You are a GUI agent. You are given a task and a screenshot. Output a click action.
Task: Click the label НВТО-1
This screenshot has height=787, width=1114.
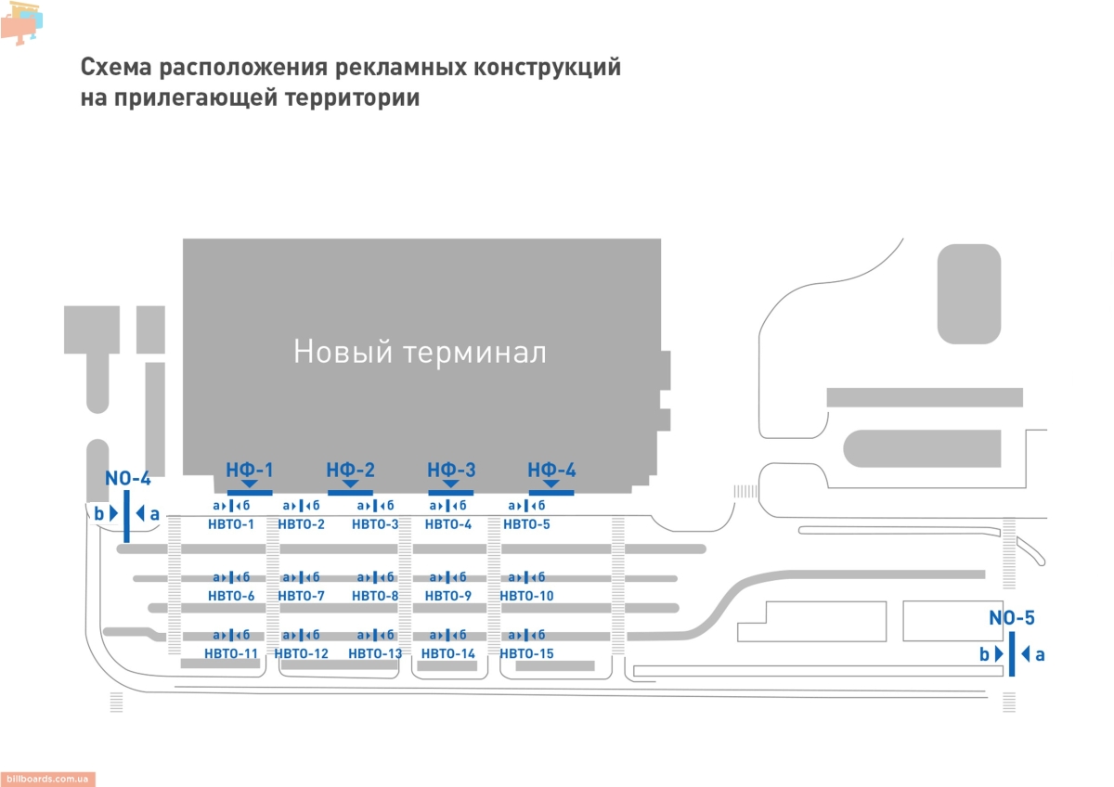[231, 525]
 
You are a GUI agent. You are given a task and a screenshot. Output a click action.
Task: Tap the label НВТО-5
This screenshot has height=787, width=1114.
[526, 525]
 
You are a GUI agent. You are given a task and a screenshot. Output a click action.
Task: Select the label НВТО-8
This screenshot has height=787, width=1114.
[375, 596]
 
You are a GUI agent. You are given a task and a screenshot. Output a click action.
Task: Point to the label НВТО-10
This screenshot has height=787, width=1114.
[526, 596]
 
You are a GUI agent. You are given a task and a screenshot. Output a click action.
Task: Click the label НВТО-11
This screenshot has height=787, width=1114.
[231, 653]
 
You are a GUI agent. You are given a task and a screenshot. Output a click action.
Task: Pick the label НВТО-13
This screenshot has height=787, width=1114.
[375, 653]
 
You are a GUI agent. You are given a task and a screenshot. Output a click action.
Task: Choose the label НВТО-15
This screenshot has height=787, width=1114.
[526, 653]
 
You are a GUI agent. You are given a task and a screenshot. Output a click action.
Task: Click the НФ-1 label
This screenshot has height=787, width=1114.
[250, 470]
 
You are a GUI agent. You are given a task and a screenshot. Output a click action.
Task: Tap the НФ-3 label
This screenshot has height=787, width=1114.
[451, 470]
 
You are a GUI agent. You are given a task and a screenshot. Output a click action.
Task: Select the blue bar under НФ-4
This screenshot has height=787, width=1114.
[551, 492]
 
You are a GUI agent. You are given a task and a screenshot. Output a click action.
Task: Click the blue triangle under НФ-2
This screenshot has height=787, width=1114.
[350, 484]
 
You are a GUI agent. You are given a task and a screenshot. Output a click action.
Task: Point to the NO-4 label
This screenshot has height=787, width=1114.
[127, 479]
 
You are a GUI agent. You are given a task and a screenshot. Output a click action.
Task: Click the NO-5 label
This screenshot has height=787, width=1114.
[1011, 619]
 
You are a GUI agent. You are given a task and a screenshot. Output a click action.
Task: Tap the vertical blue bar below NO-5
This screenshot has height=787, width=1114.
[1011, 654]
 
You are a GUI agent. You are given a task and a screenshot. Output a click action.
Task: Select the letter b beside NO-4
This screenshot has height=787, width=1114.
[98, 512]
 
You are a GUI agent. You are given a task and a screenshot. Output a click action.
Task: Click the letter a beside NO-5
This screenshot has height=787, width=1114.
[1040, 654]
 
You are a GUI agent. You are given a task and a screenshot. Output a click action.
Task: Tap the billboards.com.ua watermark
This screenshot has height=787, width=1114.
[47, 780]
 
